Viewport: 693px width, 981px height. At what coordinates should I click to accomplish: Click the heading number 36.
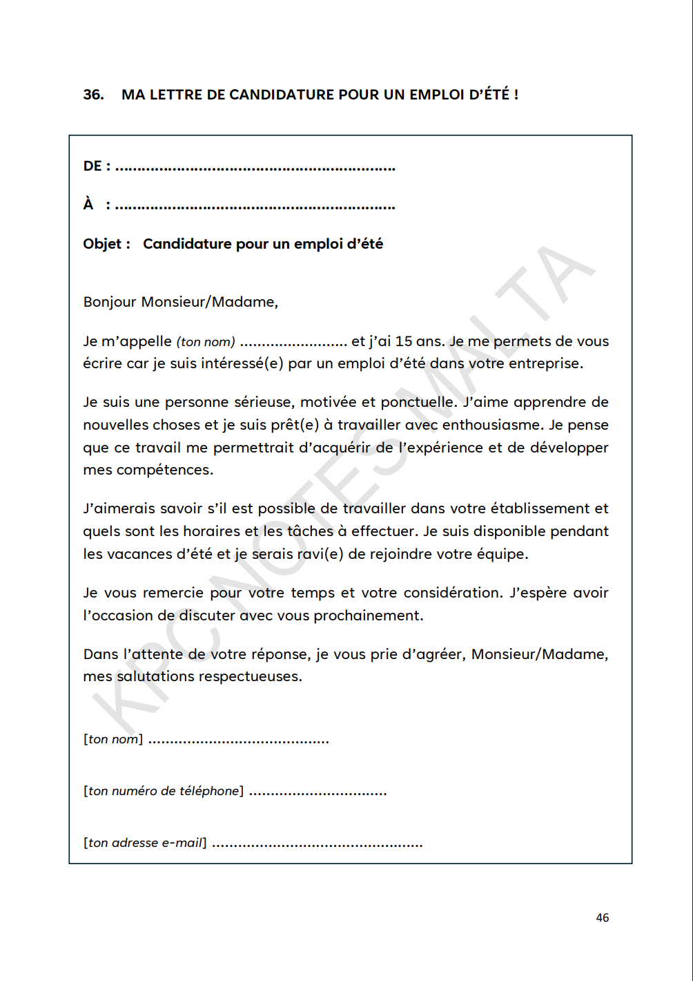(92, 95)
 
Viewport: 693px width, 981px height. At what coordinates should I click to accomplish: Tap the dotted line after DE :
(255, 167)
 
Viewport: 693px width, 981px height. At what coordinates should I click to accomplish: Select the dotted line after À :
(255, 206)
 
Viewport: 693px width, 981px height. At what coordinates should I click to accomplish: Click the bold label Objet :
(106, 244)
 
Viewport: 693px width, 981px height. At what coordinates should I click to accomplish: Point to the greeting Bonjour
(110, 302)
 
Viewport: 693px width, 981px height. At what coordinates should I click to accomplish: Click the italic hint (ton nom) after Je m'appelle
(206, 342)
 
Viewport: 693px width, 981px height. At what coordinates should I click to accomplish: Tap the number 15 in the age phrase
(404, 341)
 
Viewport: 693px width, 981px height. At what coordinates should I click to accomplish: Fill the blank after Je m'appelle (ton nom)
(293, 343)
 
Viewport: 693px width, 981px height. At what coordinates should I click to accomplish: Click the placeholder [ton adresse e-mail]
(145, 843)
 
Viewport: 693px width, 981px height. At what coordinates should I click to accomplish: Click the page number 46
(602, 917)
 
